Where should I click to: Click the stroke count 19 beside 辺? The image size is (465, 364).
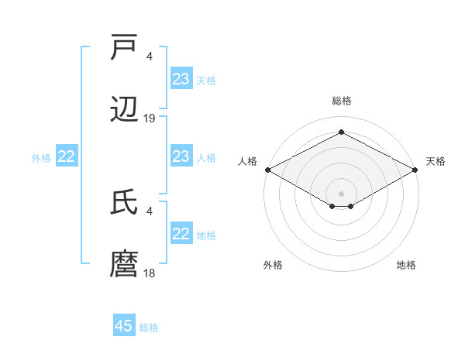point(150,118)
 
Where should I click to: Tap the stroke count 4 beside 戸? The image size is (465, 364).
point(150,56)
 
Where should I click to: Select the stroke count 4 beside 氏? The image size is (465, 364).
point(150,210)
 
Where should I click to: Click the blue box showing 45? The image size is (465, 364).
point(124,326)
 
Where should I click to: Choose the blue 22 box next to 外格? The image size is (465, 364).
point(67,157)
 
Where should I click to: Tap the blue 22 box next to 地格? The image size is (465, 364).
point(181,234)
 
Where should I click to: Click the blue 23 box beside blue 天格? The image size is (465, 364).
point(181,79)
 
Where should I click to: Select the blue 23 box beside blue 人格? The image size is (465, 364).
point(181,157)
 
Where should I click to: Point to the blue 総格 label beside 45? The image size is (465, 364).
point(149,328)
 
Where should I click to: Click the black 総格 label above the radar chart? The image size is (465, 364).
point(341,101)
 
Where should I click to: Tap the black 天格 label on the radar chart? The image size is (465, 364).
point(436,161)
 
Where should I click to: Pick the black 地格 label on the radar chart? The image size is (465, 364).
point(406,265)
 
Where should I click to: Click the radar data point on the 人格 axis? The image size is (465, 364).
point(267,170)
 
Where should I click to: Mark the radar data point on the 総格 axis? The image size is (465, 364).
point(341,132)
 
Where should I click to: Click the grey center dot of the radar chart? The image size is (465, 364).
point(341,193)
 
